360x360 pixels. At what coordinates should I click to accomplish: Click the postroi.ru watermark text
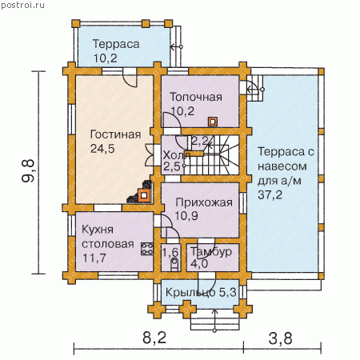click(22, 5)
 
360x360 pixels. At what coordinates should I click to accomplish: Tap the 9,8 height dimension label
click(28, 170)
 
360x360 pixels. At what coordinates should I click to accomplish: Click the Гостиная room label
click(115, 134)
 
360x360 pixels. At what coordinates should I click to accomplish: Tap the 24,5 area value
click(102, 149)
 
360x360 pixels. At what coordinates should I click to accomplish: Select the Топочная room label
click(196, 97)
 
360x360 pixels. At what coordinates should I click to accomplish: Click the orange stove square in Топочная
click(213, 122)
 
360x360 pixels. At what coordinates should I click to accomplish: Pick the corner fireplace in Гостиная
click(141, 193)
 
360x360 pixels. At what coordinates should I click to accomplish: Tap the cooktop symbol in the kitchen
click(147, 249)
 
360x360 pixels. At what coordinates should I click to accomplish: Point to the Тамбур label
click(211, 252)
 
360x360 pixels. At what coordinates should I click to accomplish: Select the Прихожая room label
click(204, 202)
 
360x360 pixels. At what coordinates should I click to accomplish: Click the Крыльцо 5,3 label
click(201, 293)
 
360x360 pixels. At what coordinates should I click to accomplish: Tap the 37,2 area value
click(270, 195)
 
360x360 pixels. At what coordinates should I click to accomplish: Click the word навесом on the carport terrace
click(282, 166)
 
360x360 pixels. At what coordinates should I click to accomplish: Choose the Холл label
click(176, 155)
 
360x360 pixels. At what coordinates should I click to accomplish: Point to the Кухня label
click(98, 230)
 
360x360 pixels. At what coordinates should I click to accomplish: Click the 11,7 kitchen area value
click(94, 258)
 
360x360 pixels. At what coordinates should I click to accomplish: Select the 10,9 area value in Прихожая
click(186, 216)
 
